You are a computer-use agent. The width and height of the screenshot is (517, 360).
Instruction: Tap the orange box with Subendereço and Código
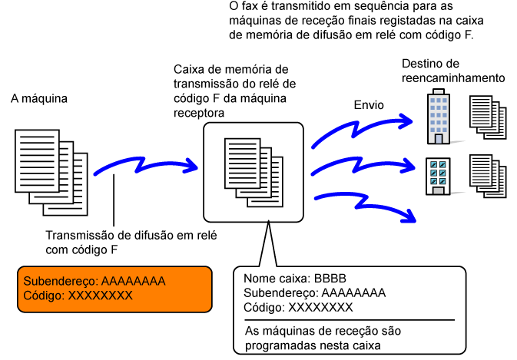[x=116, y=289]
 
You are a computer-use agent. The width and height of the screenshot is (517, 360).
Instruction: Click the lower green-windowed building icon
[x=439, y=177]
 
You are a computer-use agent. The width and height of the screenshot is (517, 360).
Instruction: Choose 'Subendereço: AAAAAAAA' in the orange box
[x=94, y=280]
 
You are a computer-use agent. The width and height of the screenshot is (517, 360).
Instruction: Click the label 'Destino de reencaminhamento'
[x=452, y=70]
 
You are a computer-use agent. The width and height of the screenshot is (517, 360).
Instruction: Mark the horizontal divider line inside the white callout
[x=350, y=319]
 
